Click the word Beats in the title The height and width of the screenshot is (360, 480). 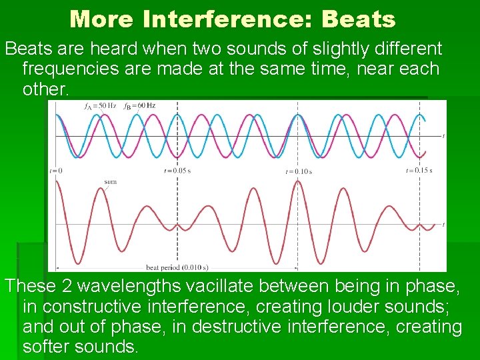[358, 19]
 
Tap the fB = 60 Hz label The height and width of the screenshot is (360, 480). [139, 107]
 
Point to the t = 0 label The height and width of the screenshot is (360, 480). [56, 171]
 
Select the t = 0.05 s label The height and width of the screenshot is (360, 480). [178, 171]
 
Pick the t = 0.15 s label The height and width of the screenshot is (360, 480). [419, 171]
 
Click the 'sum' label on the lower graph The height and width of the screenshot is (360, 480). [111, 182]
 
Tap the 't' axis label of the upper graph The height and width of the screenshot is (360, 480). [444, 136]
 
